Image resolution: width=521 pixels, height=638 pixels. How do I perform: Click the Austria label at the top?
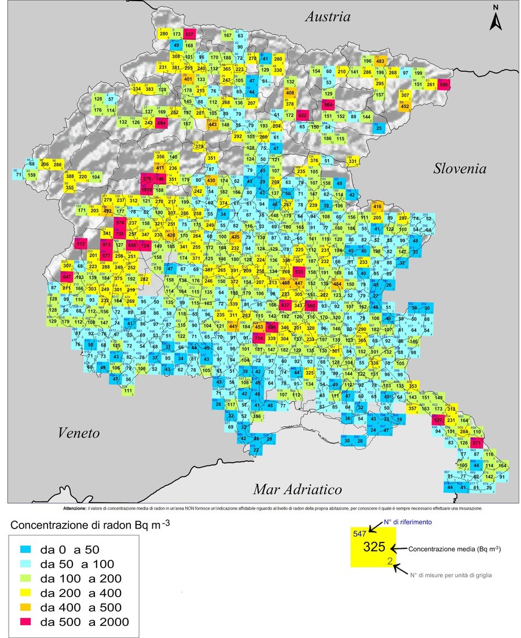[328, 17]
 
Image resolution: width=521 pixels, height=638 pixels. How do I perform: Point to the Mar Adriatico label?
[297, 490]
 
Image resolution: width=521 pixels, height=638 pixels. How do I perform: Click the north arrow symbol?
[496, 19]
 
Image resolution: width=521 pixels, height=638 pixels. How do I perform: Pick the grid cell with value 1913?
[146, 189]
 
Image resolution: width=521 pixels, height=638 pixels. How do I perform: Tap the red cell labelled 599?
[444, 85]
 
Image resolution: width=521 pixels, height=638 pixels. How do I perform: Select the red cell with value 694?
[161, 123]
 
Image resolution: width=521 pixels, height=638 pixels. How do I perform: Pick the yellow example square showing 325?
[373, 548]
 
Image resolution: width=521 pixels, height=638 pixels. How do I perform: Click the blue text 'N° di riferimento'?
[413, 523]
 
